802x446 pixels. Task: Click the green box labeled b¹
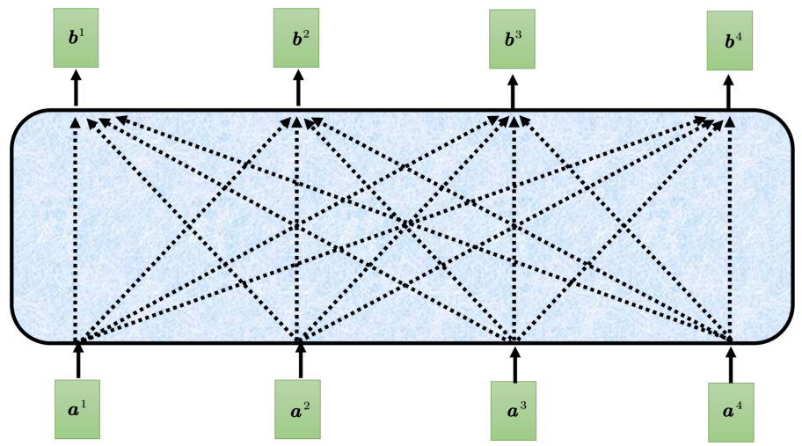pyautogui.click(x=76, y=38)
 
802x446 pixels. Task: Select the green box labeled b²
pyautogui.click(x=296, y=38)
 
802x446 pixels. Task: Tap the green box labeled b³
pyautogui.click(x=512, y=39)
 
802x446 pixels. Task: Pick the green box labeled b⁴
pyautogui.click(x=729, y=40)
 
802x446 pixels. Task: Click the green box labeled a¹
pyautogui.click(x=77, y=409)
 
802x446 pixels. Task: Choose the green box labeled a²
pyautogui.click(x=297, y=409)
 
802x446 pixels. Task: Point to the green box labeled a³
pyautogui.click(x=514, y=409)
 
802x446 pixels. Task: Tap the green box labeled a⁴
pyautogui.click(x=731, y=412)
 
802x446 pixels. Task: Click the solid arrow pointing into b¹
pyautogui.click(x=76, y=89)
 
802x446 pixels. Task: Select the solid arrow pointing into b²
pyautogui.click(x=297, y=90)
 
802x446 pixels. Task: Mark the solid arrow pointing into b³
pyautogui.click(x=513, y=91)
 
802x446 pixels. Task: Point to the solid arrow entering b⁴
pyautogui.click(x=729, y=92)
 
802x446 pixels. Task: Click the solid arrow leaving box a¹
pyautogui.click(x=78, y=361)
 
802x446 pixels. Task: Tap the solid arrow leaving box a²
pyautogui.click(x=300, y=361)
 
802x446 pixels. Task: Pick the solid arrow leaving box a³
pyautogui.click(x=514, y=362)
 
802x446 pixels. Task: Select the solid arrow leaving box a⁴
pyautogui.click(x=730, y=364)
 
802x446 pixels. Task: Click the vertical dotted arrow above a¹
pyautogui.click(x=76, y=229)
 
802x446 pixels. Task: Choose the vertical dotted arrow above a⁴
pyautogui.click(x=730, y=229)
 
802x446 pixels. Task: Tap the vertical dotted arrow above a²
pyautogui.click(x=297, y=229)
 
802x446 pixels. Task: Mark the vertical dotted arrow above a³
pyautogui.click(x=513, y=229)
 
